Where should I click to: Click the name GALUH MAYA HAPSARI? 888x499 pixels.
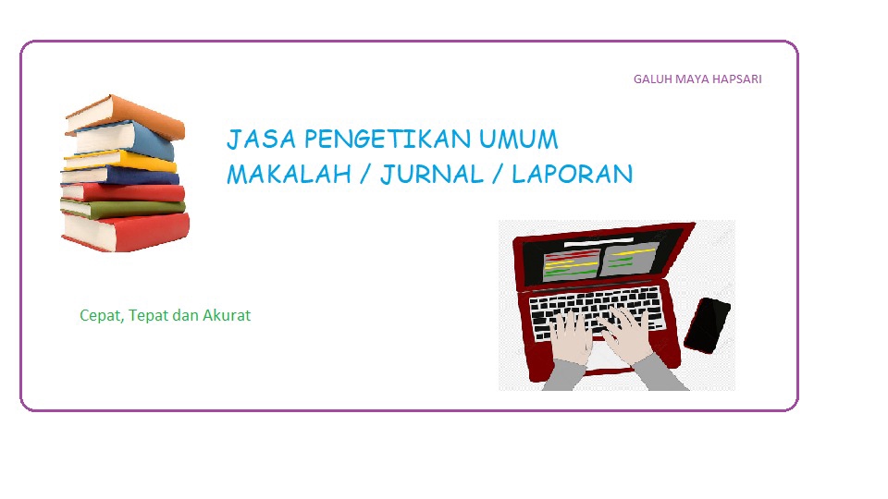[x=697, y=79]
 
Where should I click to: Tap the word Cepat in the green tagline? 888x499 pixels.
[x=101, y=316]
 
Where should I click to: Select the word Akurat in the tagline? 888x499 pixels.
[x=228, y=316]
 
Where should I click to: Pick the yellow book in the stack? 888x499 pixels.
[x=120, y=162]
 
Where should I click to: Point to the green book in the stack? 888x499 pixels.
[x=122, y=208]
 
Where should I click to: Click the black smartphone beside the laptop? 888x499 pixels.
[x=707, y=324]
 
